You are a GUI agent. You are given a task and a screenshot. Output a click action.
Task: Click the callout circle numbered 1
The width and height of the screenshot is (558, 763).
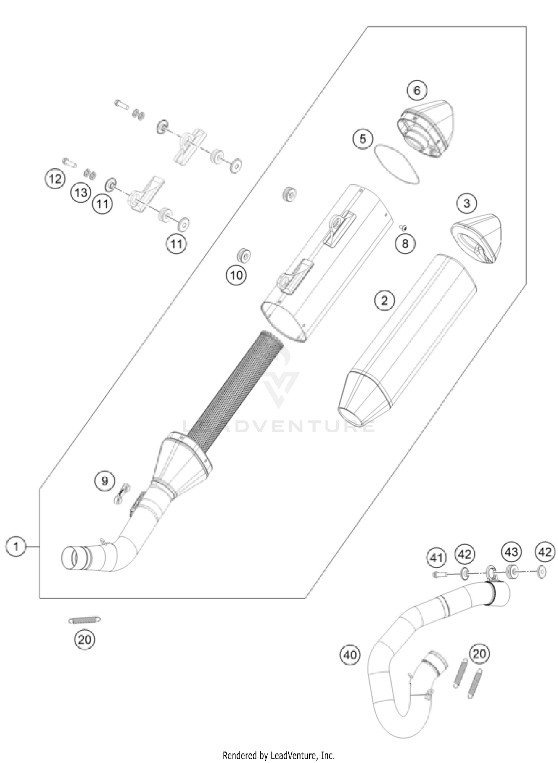pyautogui.click(x=16, y=547)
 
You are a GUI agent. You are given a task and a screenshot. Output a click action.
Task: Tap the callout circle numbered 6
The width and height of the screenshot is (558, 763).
pyautogui.click(x=417, y=90)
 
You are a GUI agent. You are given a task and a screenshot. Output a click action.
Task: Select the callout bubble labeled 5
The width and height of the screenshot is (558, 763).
pyautogui.click(x=363, y=139)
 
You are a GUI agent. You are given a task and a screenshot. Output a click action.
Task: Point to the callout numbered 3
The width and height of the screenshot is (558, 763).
pyautogui.click(x=467, y=203)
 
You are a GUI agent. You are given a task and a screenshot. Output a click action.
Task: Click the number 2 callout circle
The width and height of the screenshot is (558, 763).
pyautogui.click(x=384, y=300)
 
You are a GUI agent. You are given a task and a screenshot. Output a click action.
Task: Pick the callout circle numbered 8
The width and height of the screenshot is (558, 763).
pyautogui.click(x=405, y=244)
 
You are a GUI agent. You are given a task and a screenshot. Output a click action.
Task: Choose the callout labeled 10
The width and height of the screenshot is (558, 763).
pyautogui.click(x=236, y=275)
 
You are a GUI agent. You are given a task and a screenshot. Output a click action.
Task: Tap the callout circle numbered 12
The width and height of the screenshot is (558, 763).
pyautogui.click(x=55, y=179)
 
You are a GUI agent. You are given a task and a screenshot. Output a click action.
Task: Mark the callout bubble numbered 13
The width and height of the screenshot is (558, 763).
pyautogui.click(x=81, y=193)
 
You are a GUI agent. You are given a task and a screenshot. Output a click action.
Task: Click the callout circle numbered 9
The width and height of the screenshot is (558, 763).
pyautogui.click(x=105, y=481)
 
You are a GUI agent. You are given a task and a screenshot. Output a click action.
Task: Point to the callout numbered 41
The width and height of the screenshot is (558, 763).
pyautogui.click(x=436, y=558)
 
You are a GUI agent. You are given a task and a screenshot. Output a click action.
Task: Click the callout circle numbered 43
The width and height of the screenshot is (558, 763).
pyautogui.click(x=511, y=551)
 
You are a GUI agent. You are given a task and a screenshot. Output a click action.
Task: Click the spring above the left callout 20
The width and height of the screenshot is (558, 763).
pyautogui.click(x=84, y=620)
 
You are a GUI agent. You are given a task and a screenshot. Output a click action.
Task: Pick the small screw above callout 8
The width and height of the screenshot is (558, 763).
pyautogui.click(x=403, y=227)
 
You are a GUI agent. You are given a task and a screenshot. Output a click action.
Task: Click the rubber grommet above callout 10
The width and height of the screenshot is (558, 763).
pyautogui.click(x=243, y=254)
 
